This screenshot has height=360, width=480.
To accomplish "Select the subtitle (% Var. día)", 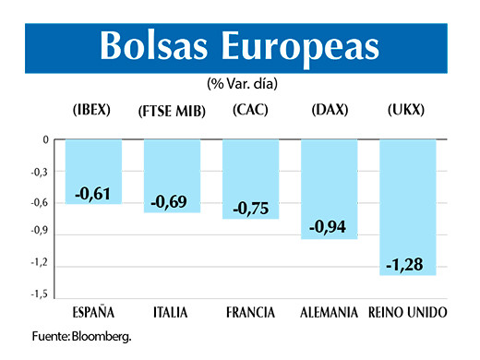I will (x=243, y=83).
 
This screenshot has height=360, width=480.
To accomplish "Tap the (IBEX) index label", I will (x=91, y=109).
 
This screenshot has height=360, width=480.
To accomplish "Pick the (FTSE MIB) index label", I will (x=170, y=110).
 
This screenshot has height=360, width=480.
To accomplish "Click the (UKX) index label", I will (x=406, y=109).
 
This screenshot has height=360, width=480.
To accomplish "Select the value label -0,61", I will (x=92, y=193).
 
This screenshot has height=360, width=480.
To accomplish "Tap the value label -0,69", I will (x=171, y=200).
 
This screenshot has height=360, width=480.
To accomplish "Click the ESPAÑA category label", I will (x=92, y=312).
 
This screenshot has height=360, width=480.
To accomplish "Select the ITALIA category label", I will (x=170, y=312).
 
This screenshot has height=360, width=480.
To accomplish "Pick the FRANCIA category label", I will (x=250, y=312).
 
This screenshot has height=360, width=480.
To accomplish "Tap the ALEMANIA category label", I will (x=330, y=312).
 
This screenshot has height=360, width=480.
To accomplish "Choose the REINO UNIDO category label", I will (x=407, y=312).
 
